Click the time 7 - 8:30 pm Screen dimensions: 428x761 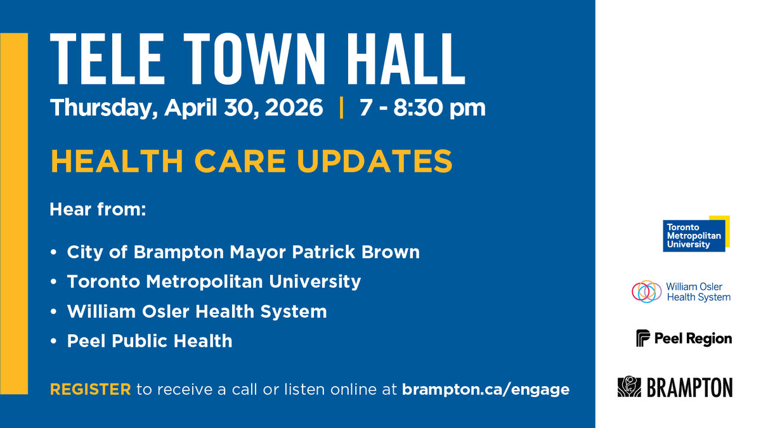coord(422,108)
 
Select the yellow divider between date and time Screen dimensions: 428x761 coord(342,108)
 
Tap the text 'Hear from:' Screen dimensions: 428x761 coord(98,209)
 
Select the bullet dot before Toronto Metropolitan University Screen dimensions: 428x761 coord(55,282)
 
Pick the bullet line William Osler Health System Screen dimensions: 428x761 coord(197,311)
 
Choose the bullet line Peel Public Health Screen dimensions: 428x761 coord(150,341)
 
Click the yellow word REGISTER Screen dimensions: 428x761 coord(91,389)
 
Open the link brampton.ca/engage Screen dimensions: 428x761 coord(486,389)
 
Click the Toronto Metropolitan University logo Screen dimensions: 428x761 coord(696,234)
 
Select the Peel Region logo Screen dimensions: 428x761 coord(684,338)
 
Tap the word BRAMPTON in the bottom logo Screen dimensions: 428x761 coord(689,387)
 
